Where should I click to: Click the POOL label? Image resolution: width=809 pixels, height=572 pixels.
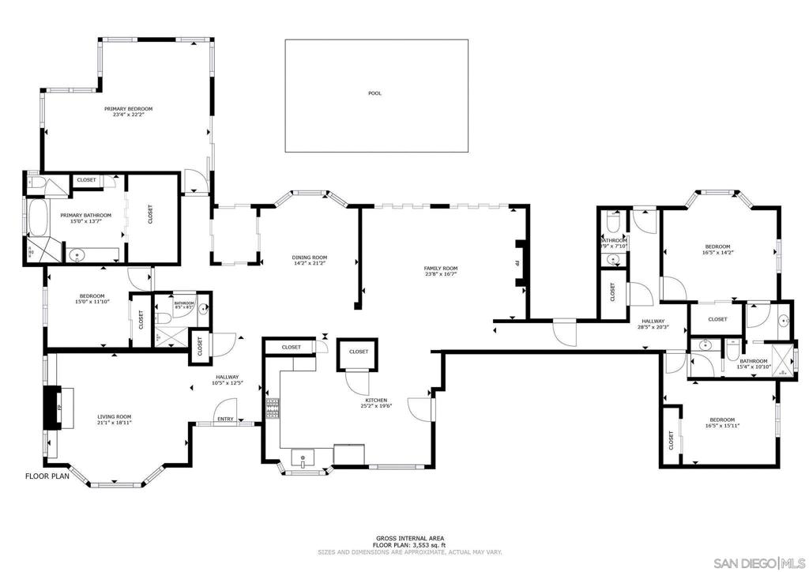(374, 93)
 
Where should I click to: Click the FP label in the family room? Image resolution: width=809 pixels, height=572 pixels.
(517, 262)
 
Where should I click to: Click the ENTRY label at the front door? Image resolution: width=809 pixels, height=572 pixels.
(225, 420)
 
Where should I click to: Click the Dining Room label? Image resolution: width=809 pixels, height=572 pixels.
(310, 258)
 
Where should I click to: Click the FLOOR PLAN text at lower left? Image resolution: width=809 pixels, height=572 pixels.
(48, 476)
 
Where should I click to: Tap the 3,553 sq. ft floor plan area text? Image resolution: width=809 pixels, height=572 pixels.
(409, 545)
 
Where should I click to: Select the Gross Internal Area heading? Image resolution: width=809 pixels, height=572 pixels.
(409, 538)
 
